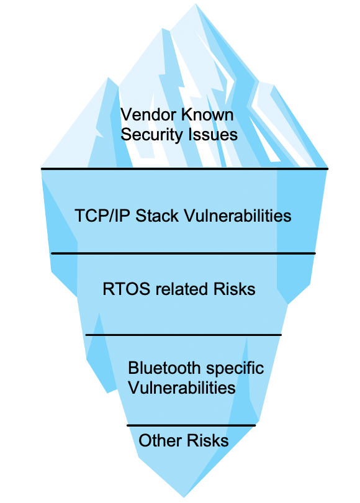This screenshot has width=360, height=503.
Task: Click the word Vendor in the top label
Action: click(x=148, y=115)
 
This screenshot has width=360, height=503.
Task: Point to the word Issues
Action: click(x=213, y=134)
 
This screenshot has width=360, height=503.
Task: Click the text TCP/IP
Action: click(x=102, y=215)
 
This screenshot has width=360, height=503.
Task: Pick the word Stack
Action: click(x=157, y=215)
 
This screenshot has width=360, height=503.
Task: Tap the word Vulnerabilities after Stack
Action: click(x=238, y=215)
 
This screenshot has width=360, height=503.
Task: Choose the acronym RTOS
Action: click(x=126, y=289)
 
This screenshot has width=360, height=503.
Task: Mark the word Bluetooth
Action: click(x=164, y=368)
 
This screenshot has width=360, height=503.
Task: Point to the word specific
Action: click(x=235, y=369)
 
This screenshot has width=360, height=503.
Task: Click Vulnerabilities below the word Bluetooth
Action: click(x=182, y=387)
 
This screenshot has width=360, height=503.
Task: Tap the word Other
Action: click(x=160, y=440)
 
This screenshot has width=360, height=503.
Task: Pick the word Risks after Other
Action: click(x=208, y=440)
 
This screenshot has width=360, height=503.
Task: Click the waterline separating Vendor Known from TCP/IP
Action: click(x=184, y=168)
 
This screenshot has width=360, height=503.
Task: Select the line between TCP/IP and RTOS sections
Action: click(x=183, y=253)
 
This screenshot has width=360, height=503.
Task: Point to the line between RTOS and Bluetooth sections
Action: click(x=183, y=335)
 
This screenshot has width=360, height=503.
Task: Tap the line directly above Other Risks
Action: click(x=191, y=426)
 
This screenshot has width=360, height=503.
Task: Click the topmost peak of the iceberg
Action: click(x=196, y=4)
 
